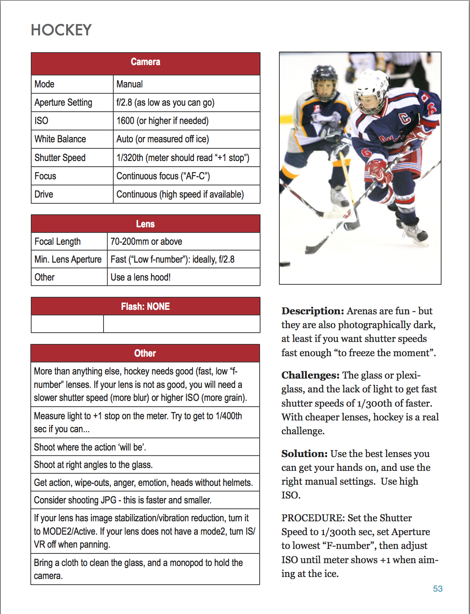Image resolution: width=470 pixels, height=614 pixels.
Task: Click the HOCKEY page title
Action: coord(61,30)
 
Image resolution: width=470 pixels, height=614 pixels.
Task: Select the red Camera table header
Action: coord(145,62)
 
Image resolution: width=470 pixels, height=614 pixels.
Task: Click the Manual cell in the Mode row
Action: coord(129,84)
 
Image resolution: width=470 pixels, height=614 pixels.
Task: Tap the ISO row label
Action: coord(41,121)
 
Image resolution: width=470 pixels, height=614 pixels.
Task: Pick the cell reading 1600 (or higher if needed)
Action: coord(162,121)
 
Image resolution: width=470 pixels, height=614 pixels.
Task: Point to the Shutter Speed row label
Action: coord(60,158)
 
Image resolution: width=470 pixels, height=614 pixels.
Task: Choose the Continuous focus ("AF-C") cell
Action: coord(163,176)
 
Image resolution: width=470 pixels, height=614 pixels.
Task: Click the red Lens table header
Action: coord(145,224)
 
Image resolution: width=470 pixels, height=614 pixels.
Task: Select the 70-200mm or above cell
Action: coord(146,242)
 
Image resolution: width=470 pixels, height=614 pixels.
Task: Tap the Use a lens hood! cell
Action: coord(140,277)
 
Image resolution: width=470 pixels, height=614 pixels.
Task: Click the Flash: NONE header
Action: coord(145,307)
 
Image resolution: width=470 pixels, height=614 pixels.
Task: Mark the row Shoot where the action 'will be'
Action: coord(90,447)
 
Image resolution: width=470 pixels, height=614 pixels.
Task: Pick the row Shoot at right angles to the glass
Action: coord(93,465)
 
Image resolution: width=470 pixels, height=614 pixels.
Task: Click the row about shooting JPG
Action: coord(123,500)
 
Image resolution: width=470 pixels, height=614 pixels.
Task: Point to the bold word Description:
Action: coord(313,311)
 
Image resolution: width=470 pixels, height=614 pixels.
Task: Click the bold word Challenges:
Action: coord(310,375)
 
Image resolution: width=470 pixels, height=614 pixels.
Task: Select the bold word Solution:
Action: coord(304,454)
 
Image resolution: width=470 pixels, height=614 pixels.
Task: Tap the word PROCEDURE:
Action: coord(313,518)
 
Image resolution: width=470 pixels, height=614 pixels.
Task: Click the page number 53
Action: coord(438,589)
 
